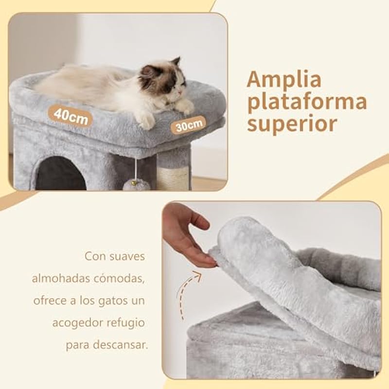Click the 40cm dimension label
[70, 116]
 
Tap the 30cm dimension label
[189, 125]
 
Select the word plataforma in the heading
[307, 102]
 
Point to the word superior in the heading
[292, 124]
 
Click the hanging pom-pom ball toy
[137, 185]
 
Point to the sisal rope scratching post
[173, 178]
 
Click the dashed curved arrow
[187, 294]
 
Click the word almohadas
[60, 278]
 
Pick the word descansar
[120, 345]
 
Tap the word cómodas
[119, 278]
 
